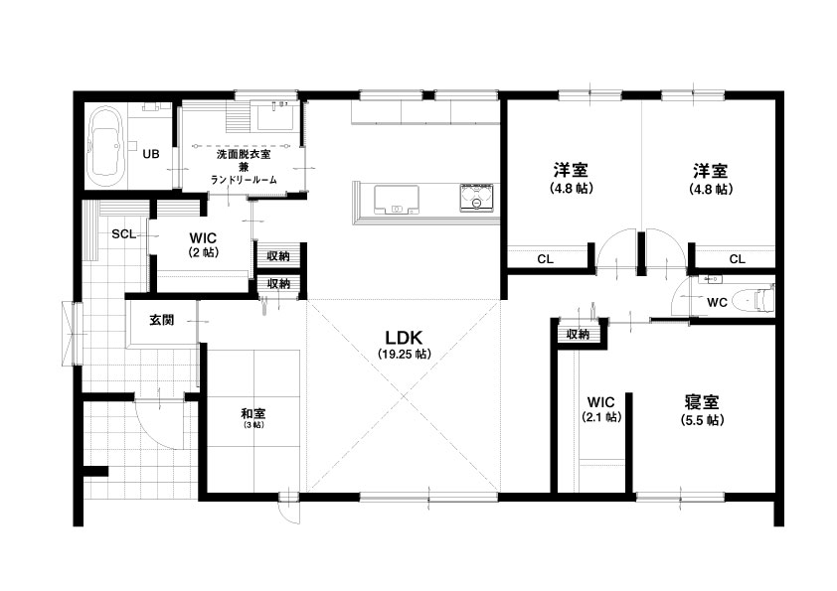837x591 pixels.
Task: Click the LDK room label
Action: tap(405, 338)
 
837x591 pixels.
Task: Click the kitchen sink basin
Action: tap(396, 200)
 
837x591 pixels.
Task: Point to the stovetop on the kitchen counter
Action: tap(477, 199)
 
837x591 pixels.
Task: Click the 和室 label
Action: tap(253, 413)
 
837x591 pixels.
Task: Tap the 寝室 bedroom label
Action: tap(702, 401)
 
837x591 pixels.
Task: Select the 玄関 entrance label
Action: tap(161, 320)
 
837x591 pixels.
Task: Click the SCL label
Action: tap(124, 234)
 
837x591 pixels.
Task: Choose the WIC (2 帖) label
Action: tap(204, 243)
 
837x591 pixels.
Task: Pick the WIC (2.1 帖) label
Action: tap(601, 409)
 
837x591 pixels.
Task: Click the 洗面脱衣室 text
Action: tap(244, 155)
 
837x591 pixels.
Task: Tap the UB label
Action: tap(150, 154)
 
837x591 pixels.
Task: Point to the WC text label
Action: tap(717, 302)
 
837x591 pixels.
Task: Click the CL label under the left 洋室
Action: tap(545, 259)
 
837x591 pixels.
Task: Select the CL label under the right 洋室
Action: tap(738, 259)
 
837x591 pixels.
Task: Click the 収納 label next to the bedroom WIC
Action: tap(578, 335)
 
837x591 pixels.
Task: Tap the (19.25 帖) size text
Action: tap(405, 354)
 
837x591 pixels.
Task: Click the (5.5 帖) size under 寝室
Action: tap(703, 420)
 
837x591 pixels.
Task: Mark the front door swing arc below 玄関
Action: tap(159, 436)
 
